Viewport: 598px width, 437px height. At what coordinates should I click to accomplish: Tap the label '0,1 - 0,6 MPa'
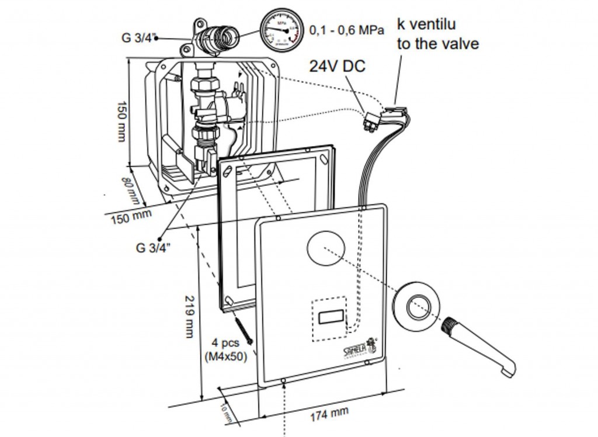click(346, 29)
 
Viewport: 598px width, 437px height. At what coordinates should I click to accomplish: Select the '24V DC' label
click(338, 66)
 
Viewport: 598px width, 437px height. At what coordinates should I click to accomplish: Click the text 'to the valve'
click(438, 44)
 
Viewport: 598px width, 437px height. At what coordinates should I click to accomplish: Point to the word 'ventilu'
click(433, 24)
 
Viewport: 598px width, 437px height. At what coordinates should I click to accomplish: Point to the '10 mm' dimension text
click(227, 414)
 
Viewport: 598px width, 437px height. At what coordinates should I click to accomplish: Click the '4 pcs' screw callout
click(226, 343)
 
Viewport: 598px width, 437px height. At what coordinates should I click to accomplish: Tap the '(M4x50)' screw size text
click(226, 356)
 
